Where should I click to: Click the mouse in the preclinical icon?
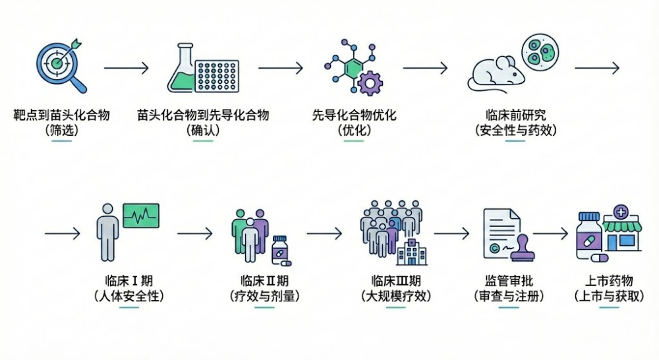[x=494, y=73]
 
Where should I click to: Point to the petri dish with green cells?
[x=538, y=52]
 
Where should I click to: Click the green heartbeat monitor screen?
[x=141, y=216]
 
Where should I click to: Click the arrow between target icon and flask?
[x=126, y=68]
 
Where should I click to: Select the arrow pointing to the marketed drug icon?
[x=551, y=233]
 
